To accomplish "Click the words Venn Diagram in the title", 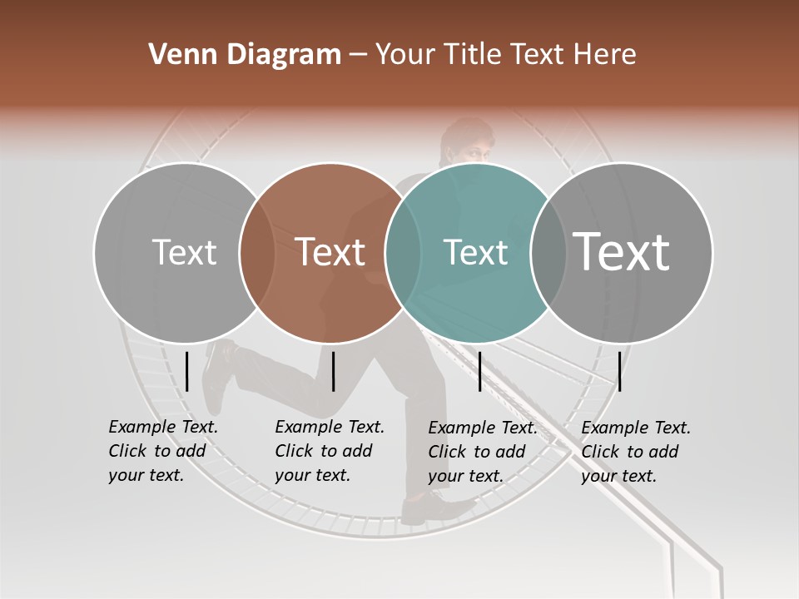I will click(x=245, y=54).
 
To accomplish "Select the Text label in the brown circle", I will click(x=330, y=252).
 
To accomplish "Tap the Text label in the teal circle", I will click(x=475, y=252).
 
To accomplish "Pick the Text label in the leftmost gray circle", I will click(x=184, y=252).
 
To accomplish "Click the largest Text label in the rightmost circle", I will click(x=622, y=251).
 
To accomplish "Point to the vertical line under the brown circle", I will click(x=333, y=371).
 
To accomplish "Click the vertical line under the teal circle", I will click(x=479, y=371).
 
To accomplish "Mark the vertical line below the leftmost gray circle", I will click(x=187, y=371).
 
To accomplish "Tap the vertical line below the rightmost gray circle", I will click(x=619, y=371).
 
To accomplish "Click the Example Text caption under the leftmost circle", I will click(x=163, y=451).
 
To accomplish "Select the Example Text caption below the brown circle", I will click(x=330, y=451).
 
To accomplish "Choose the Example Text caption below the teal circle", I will click(x=483, y=451).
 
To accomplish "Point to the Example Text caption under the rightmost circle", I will click(x=636, y=451).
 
